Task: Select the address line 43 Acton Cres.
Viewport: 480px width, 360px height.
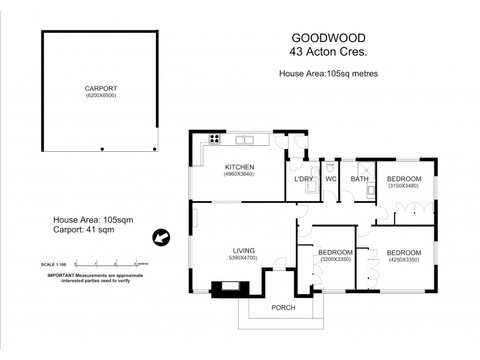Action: pos(329,52)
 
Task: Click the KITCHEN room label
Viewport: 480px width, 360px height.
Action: pos(240,167)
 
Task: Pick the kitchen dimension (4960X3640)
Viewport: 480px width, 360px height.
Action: pos(240,175)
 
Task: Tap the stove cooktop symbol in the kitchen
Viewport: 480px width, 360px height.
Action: pos(214,140)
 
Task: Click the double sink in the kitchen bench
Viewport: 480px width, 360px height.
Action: pos(245,140)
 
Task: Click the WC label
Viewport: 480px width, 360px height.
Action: pos(331,179)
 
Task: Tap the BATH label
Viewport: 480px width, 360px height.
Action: pos(359,179)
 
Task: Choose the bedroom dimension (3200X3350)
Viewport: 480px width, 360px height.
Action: pos(334,260)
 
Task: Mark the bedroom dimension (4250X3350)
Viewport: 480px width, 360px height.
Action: pos(403,260)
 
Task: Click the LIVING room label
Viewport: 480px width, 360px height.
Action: pos(244,250)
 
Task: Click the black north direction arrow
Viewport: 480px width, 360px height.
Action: pos(160,238)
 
